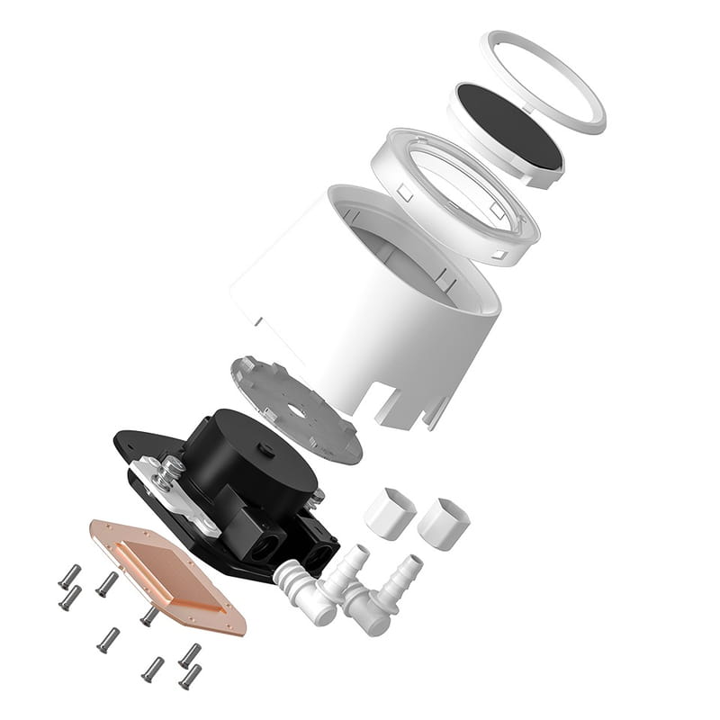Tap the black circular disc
(508, 126)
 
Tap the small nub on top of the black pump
(263, 447)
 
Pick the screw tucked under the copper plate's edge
(148, 616)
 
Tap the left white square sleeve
(390, 513)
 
